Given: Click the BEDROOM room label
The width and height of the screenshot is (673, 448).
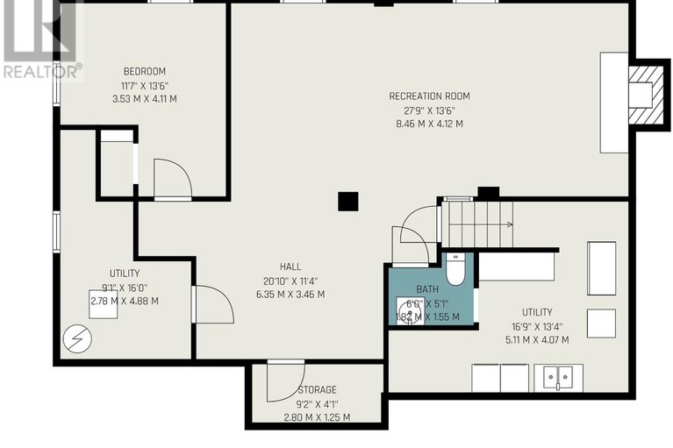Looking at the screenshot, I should tap(145, 72).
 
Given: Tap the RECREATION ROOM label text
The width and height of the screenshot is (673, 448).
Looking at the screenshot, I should tap(429, 96).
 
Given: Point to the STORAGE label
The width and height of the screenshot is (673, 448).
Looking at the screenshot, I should tap(316, 389).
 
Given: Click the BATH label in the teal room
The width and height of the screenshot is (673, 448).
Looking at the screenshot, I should tap(427, 288).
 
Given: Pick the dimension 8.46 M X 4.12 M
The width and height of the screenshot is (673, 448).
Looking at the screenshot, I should tap(429, 124).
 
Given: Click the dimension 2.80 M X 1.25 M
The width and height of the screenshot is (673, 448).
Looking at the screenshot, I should tap(316, 416).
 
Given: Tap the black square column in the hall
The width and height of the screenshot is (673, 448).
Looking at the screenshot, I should tap(348, 202).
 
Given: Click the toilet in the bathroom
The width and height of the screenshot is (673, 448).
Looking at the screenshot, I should tap(455, 270).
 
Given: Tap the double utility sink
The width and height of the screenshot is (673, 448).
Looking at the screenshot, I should tap(556, 378).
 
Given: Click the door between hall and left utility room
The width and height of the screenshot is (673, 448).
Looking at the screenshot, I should tap(212, 303).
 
